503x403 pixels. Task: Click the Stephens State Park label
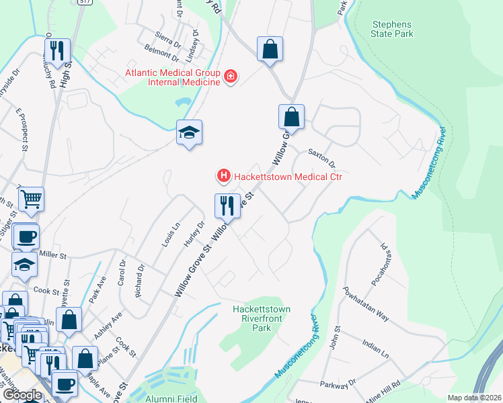pos(393,29)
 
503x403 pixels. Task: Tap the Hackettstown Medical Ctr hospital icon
pos(223,177)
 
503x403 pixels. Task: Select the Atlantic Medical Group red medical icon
pos(231,77)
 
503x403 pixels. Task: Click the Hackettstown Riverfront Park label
pos(261,318)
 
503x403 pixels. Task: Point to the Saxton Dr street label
pos(321,159)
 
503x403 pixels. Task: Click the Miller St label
pos(54,255)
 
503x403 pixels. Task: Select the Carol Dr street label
pos(122,271)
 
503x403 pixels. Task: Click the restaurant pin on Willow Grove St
pos(227,206)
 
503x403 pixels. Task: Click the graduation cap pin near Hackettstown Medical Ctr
pos(190,132)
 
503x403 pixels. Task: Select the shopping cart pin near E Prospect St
pos(31,199)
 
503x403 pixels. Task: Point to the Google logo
pos(22,395)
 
